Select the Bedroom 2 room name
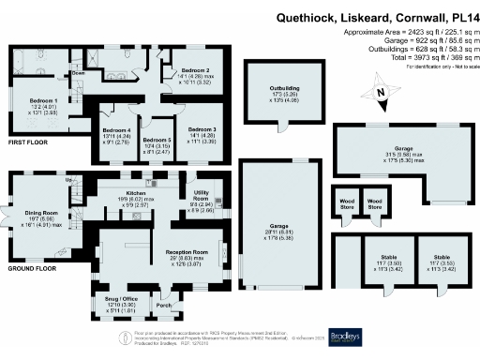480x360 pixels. coord(195,70)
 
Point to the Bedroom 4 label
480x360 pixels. coord(116,130)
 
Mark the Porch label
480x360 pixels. coord(165,305)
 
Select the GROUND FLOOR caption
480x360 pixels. coord(29,268)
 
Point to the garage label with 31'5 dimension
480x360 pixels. coord(403,150)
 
